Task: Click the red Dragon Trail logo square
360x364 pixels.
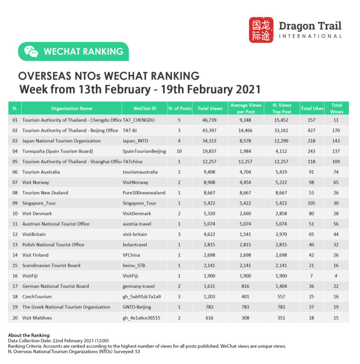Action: point(261,30)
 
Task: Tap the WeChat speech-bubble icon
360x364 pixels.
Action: point(31,51)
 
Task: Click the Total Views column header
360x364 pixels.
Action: point(210,109)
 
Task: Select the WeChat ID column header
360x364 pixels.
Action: point(144,109)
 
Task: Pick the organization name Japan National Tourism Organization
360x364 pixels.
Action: point(62,141)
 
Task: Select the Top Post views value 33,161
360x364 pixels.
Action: point(282,131)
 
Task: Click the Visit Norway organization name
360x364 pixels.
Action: point(36,182)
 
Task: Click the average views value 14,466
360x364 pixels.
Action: point(245,131)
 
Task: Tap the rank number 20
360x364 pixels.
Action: point(15,318)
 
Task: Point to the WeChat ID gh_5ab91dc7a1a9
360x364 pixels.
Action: point(142,297)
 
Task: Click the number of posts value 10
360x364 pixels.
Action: point(180,151)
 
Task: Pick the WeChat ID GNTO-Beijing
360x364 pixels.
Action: point(137,307)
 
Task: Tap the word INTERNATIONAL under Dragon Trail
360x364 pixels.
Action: point(310,36)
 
